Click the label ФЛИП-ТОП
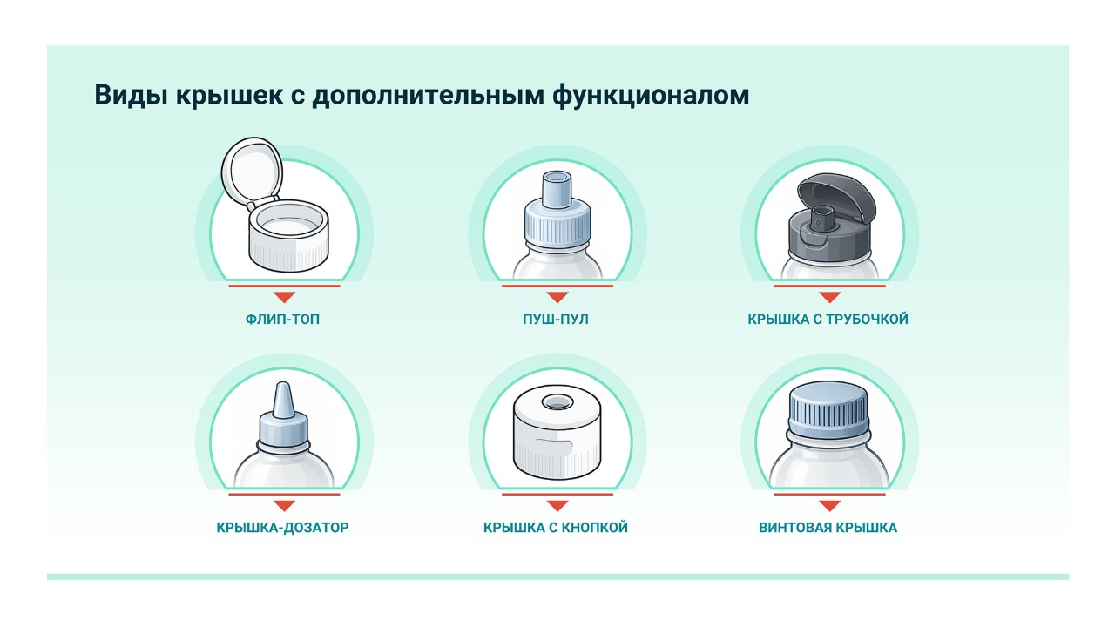pos(282,319)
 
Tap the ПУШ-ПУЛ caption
pos(556,319)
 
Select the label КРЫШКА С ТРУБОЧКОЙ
pos(828,319)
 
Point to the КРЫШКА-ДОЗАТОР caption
pos(282,528)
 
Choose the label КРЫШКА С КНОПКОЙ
pos(556,528)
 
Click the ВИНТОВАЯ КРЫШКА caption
pos(828,528)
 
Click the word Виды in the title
pos(131,95)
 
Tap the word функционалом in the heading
pos(651,96)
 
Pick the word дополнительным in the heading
pos(429,96)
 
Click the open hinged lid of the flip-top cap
pos(252,172)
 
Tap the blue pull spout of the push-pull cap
pos(557,189)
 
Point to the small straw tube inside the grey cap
pos(821,218)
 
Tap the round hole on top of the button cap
pos(557,402)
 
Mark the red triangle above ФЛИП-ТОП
pos(284,297)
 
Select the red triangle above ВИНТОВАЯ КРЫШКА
pos(830,506)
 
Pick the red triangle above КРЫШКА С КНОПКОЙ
pos(557,506)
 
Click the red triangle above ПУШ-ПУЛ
pos(557,297)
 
